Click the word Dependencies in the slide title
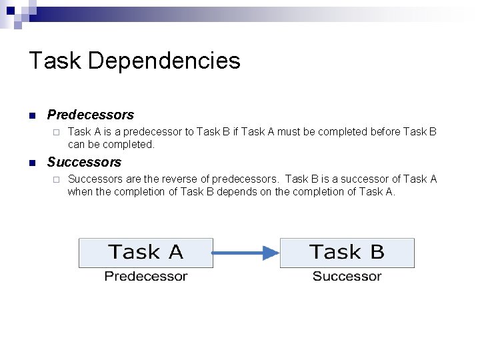click(163, 61)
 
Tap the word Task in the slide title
click(55, 61)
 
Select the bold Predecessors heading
click(90, 115)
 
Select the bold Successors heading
click(84, 162)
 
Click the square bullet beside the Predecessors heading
click(31, 115)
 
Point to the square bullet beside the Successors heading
click(31, 163)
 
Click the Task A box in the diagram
click(145, 253)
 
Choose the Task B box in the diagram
click(347, 253)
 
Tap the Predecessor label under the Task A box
click(145, 276)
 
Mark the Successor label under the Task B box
click(347, 276)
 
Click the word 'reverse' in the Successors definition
click(179, 179)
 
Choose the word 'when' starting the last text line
click(80, 192)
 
